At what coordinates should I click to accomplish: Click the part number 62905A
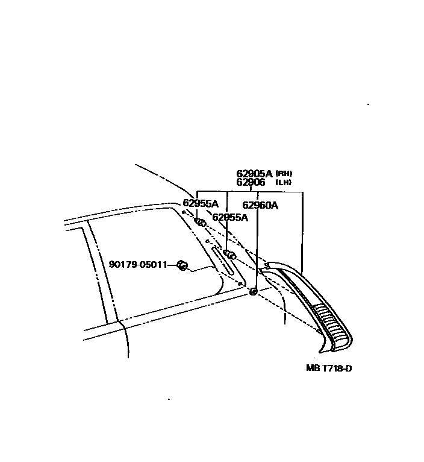pos(255,174)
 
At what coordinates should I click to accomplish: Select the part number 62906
pos(251,182)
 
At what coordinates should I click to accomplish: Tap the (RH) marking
pos(284,174)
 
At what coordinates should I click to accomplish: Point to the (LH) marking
pos(283,182)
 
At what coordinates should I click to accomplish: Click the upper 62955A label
pos(201,203)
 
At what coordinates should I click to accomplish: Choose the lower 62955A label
pos(229,217)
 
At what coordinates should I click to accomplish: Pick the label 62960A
pos(260,205)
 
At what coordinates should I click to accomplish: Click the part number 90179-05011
pos(137,264)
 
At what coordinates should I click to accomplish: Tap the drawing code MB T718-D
pos(328,368)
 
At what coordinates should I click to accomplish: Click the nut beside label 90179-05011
pos(181,265)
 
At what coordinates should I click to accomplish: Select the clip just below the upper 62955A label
pos(201,223)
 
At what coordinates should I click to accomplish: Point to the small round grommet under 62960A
pos(254,292)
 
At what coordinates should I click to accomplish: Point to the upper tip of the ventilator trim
pos(268,265)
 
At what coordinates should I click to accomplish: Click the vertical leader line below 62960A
pos(258,247)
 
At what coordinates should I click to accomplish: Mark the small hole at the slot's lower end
pos(240,282)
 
